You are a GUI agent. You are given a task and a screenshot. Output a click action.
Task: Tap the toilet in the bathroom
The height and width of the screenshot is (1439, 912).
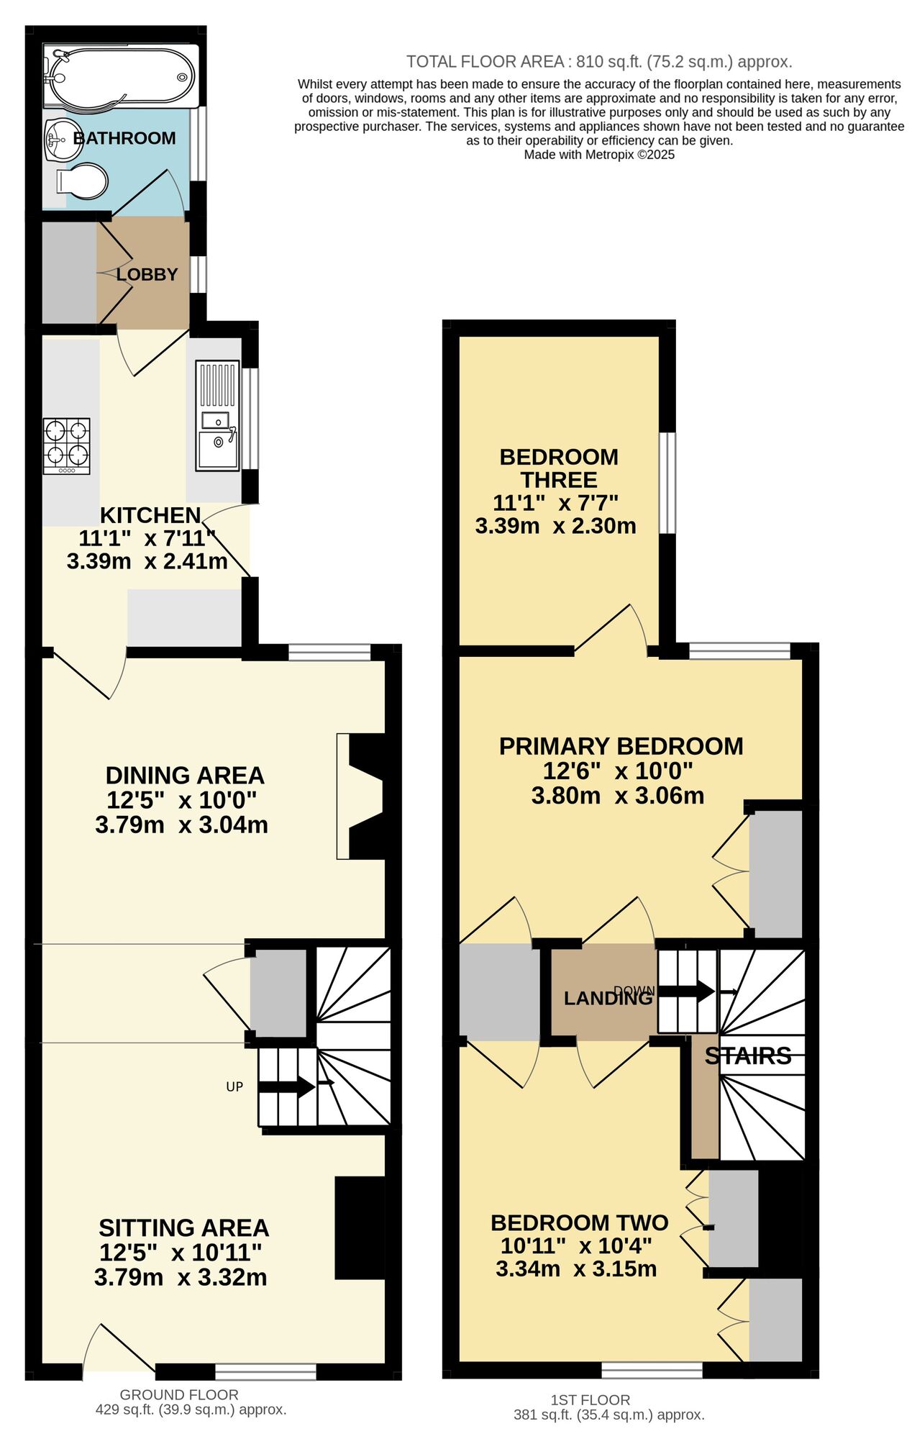82,181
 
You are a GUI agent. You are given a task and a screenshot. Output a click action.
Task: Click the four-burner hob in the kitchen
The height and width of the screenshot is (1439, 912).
67,445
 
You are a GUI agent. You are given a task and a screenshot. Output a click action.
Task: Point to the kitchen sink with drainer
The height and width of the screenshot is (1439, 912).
217,415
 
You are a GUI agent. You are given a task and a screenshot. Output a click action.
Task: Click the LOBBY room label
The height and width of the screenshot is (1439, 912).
147,274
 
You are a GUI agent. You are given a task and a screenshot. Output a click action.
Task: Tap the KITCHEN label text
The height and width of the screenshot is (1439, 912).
150,515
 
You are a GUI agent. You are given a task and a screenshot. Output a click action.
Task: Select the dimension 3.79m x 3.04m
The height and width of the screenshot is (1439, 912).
181,825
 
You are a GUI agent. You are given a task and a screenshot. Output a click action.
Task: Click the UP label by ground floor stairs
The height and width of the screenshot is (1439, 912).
234,1087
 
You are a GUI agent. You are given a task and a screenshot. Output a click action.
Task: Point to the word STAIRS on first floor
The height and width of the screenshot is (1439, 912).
748,1056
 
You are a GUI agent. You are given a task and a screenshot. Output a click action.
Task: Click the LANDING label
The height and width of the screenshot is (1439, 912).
608,998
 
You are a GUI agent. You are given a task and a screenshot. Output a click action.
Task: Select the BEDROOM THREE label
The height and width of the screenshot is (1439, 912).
559,468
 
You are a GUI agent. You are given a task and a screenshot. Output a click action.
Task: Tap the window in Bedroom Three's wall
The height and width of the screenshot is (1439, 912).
667,483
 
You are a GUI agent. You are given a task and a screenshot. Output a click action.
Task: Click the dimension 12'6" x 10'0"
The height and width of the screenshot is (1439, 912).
617,771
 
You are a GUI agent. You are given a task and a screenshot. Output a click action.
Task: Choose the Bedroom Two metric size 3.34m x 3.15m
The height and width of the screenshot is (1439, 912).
576,1269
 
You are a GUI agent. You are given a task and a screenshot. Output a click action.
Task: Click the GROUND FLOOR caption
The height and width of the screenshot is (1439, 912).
179,1394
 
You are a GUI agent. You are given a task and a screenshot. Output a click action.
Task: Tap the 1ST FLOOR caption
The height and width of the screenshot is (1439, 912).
590,1399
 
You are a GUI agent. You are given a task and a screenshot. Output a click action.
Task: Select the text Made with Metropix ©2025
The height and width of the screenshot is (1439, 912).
598,155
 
